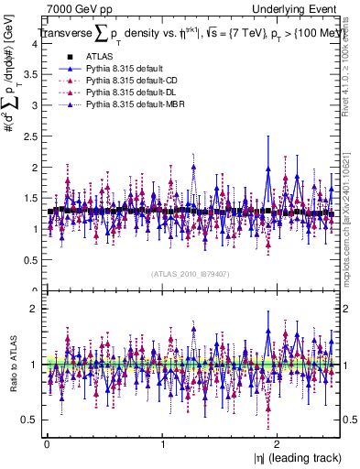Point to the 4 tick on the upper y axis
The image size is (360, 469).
[x=35, y=43]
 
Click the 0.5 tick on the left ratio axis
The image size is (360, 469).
[x=31, y=420]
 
